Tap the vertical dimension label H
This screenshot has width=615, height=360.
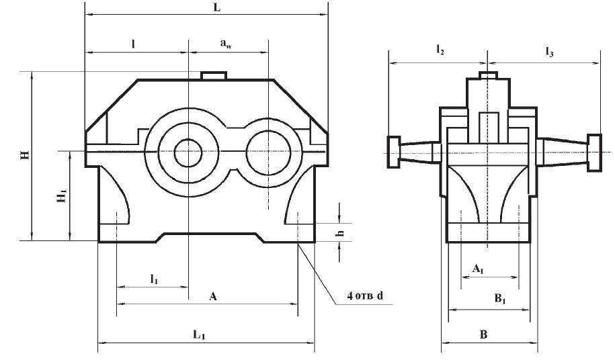tap(25, 156)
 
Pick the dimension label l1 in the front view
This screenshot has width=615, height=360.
tap(154, 278)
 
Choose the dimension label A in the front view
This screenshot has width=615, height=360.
tap(213, 296)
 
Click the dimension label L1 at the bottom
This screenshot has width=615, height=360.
tap(199, 334)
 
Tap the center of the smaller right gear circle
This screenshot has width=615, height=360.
tap(269, 152)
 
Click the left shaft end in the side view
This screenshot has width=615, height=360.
tap(393, 152)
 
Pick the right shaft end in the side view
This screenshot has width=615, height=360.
tap(595, 152)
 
